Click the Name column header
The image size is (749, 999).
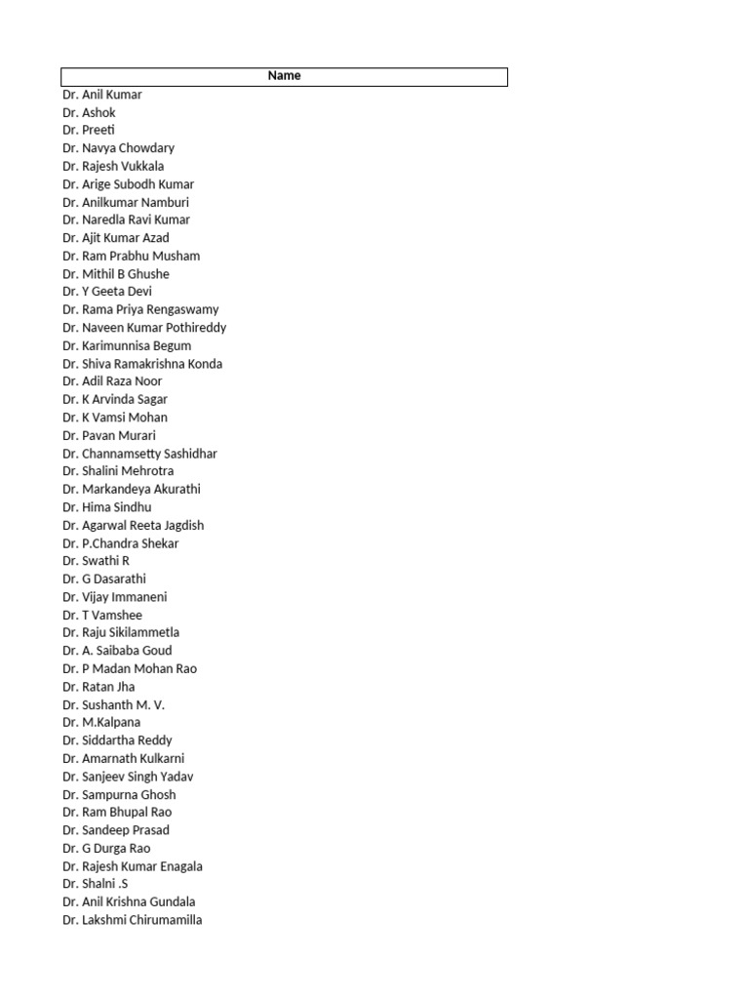[284, 76]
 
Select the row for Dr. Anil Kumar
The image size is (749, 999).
[102, 95]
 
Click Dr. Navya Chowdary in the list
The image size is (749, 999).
[118, 148]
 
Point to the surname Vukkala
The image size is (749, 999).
[141, 166]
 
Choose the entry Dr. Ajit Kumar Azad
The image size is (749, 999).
[115, 238]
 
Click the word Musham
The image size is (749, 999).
[177, 256]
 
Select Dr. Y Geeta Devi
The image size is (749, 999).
[107, 292]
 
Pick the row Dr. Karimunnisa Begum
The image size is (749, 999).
[127, 345]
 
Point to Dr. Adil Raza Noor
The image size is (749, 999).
[112, 381]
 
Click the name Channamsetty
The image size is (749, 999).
[119, 454]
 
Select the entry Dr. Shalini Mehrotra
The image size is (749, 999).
[118, 471]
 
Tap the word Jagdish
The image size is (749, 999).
[182, 525]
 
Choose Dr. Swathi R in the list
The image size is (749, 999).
[96, 561]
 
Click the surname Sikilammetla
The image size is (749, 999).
[144, 632]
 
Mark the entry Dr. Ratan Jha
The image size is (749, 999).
[99, 687]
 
